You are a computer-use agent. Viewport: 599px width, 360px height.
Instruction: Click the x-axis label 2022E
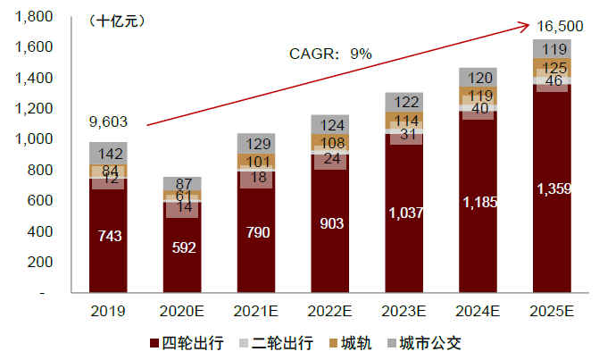(329, 312)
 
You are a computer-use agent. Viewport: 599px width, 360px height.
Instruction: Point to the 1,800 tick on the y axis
(35, 16)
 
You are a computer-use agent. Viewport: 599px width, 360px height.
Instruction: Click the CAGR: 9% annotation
(329, 54)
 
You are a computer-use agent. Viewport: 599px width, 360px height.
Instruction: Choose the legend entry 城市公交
(430, 342)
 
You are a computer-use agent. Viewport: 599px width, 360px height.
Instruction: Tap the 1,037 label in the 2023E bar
(404, 213)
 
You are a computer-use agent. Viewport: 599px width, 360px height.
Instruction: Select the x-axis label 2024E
(478, 312)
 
